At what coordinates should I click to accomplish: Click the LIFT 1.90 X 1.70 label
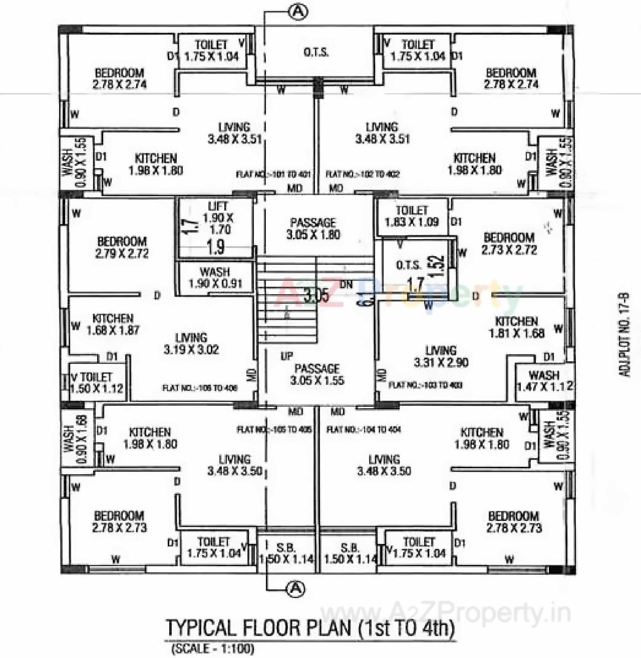coord(217,218)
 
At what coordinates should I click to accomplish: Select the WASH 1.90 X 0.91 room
coord(215,278)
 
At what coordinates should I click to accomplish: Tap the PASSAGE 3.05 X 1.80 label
coord(313,228)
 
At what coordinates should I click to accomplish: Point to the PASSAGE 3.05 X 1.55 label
coord(317,374)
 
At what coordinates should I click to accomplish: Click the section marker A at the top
coord(298,12)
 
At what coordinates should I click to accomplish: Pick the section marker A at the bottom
coord(296,588)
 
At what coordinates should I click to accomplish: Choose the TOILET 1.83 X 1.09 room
coord(412,216)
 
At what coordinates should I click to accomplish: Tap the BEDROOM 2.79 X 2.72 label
coord(122,247)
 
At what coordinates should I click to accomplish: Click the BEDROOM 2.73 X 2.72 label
coord(509,244)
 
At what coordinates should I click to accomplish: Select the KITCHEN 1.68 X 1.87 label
coord(113,324)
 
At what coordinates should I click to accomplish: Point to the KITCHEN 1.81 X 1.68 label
coord(516,327)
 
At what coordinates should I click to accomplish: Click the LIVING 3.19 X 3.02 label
coord(191,344)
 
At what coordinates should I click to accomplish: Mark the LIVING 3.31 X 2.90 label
coord(441,356)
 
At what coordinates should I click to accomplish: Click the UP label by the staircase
coord(286,356)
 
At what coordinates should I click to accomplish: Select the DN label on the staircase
coord(346,284)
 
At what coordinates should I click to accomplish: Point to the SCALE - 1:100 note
coord(213,649)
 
